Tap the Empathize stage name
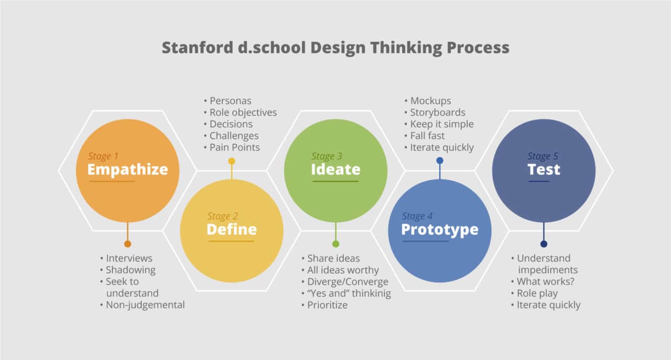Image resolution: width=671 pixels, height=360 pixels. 127,170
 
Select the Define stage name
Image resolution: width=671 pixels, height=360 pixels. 232,230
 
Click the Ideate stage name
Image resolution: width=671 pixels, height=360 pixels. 335,170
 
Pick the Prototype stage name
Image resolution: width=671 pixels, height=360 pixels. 439,230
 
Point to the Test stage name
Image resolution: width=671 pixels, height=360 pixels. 544,170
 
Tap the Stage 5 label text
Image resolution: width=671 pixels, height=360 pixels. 543,156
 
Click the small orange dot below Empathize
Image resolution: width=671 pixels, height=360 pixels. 127,244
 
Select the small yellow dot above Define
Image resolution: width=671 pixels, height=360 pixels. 232,161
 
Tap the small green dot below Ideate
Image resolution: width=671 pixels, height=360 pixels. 335,244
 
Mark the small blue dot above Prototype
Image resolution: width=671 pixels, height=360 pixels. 440,160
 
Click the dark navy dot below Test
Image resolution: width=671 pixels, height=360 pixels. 544,244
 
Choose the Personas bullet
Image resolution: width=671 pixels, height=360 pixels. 230,101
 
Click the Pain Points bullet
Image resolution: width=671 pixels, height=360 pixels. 234,147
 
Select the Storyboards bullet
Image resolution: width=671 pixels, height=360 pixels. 437,112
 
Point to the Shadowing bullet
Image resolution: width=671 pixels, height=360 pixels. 131,270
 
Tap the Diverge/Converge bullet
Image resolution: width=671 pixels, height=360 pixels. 348,282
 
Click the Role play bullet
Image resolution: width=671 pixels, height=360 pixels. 537,293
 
